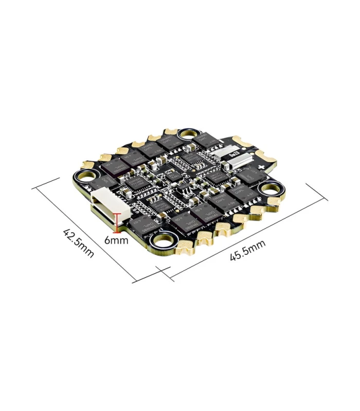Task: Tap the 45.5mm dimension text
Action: click(247, 250)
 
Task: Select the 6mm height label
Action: click(116, 240)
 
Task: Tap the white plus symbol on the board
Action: click(262, 167)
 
